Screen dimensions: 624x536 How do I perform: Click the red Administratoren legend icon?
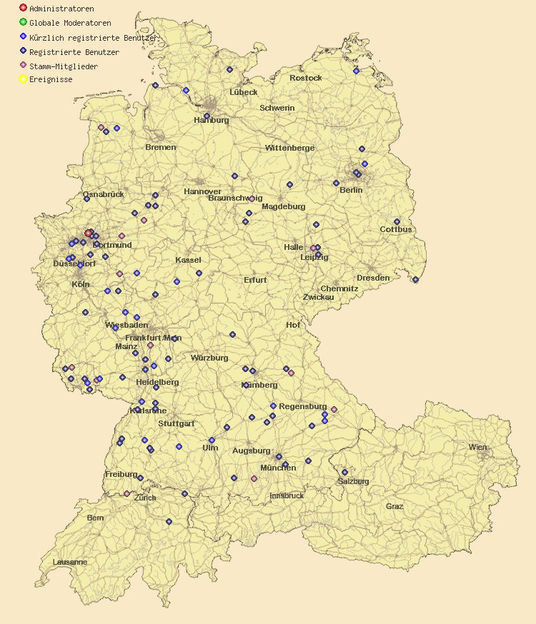(24, 8)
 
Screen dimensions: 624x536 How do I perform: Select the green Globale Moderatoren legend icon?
(24, 22)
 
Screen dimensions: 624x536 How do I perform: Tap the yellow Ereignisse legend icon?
(24, 79)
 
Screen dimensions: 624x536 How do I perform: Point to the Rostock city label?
(305, 78)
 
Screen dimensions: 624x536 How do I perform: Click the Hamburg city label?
(212, 121)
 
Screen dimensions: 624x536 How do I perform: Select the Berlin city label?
(351, 191)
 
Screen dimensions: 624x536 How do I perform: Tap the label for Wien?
(477, 447)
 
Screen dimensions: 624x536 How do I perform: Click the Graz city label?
(394, 506)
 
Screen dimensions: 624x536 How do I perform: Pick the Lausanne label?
(70, 562)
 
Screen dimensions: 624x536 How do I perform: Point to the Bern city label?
(95, 518)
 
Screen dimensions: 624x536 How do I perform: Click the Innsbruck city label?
(287, 495)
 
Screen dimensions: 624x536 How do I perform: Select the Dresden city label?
(373, 278)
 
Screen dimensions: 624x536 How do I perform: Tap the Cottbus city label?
(396, 230)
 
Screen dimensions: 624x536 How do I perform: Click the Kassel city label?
(188, 261)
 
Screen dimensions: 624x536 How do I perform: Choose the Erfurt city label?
(255, 280)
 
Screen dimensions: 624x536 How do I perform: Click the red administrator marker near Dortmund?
(89, 233)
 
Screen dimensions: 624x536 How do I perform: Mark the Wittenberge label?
(289, 148)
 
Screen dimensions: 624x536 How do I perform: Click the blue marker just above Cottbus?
(397, 221)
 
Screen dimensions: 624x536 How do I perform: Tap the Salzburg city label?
(353, 481)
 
